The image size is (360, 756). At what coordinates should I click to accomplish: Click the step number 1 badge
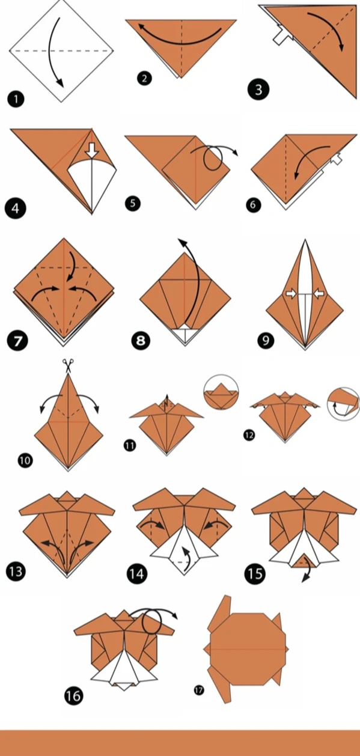pyautogui.click(x=16, y=100)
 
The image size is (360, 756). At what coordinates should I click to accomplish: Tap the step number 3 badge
pyautogui.click(x=258, y=90)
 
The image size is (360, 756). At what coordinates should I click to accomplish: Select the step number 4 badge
pyautogui.click(x=15, y=209)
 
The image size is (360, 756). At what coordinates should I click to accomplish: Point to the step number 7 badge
pyautogui.click(x=17, y=340)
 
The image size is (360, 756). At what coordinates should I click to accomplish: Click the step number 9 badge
pyautogui.click(x=266, y=341)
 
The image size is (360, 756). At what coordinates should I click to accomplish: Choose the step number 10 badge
pyautogui.click(x=25, y=460)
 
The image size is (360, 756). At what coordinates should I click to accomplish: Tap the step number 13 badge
pyautogui.click(x=16, y=572)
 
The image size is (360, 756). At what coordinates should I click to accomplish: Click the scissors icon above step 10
pyautogui.click(x=68, y=365)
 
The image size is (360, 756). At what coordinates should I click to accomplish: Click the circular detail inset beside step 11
pyautogui.click(x=221, y=392)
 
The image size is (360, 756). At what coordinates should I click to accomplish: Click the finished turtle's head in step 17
pyautogui.click(x=207, y=648)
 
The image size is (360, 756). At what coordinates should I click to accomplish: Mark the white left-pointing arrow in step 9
pyautogui.click(x=318, y=294)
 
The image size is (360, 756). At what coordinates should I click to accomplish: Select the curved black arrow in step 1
pyautogui.click(x=51, y=50)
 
